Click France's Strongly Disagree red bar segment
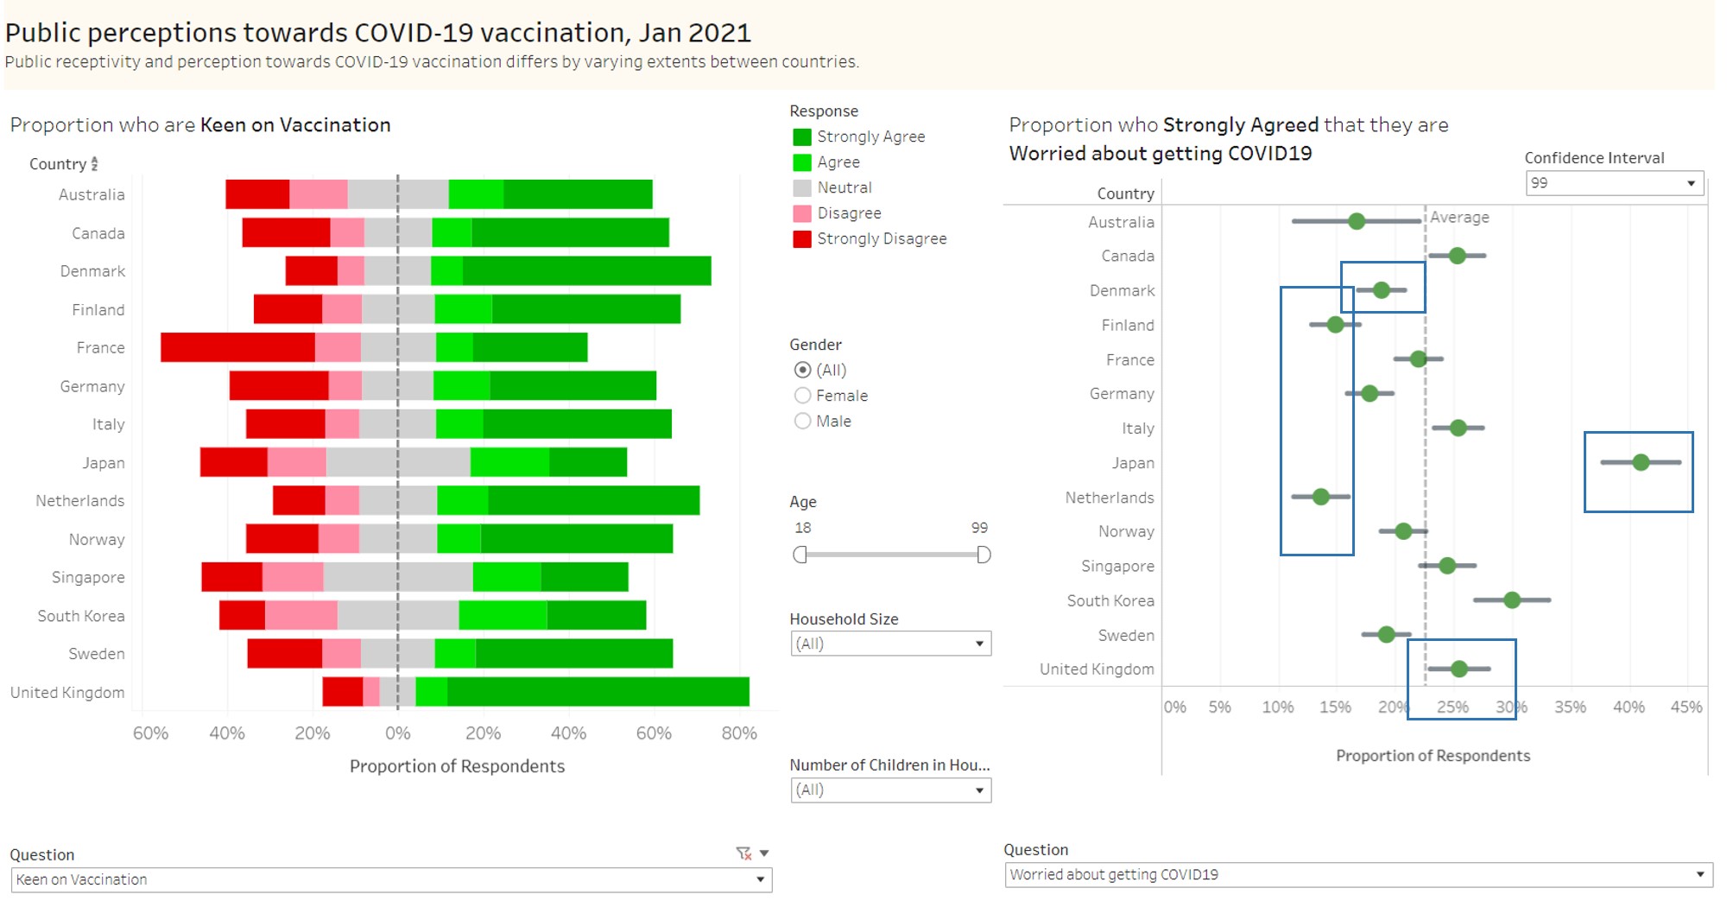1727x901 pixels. [237, 347]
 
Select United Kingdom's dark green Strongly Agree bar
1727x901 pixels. [598, 692]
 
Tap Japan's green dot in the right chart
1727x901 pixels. [1641, 462]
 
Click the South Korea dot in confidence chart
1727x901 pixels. [1511, 600]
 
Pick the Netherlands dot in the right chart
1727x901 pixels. [1320, 497]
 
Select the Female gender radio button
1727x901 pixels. [802, 396]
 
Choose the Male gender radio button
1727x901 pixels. [802, 421]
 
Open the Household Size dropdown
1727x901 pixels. [890, 644]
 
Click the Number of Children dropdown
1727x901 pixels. [890, 790]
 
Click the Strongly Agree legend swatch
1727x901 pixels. [802, 136]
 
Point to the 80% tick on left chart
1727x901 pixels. [739, 733]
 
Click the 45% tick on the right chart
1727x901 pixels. [1686, 707]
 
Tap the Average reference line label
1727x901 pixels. [1459, 218]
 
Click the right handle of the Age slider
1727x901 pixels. [984, 555]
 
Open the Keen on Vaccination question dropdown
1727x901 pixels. [390, 879]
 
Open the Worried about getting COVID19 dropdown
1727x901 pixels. [1357, 874]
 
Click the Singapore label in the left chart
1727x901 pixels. [88, 577]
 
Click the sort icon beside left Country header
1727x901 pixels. [94, 163]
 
